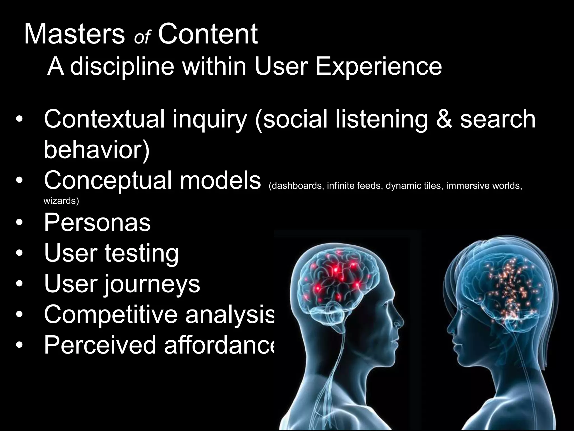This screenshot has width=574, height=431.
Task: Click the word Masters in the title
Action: point(74,34)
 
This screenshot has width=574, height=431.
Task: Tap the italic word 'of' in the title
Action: point(142,37)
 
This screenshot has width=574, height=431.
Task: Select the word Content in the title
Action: point(208,34)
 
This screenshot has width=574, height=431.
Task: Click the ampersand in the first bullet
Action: point(444,119)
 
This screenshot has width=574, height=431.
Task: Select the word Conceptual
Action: point(108,181)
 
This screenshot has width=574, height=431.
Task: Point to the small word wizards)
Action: point(61,201)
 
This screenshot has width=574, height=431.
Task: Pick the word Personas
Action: point(97,223)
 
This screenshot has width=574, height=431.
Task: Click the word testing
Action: point(142,254)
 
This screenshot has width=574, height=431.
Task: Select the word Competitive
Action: point(111,314)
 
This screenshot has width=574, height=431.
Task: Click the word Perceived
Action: point(100,345)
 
